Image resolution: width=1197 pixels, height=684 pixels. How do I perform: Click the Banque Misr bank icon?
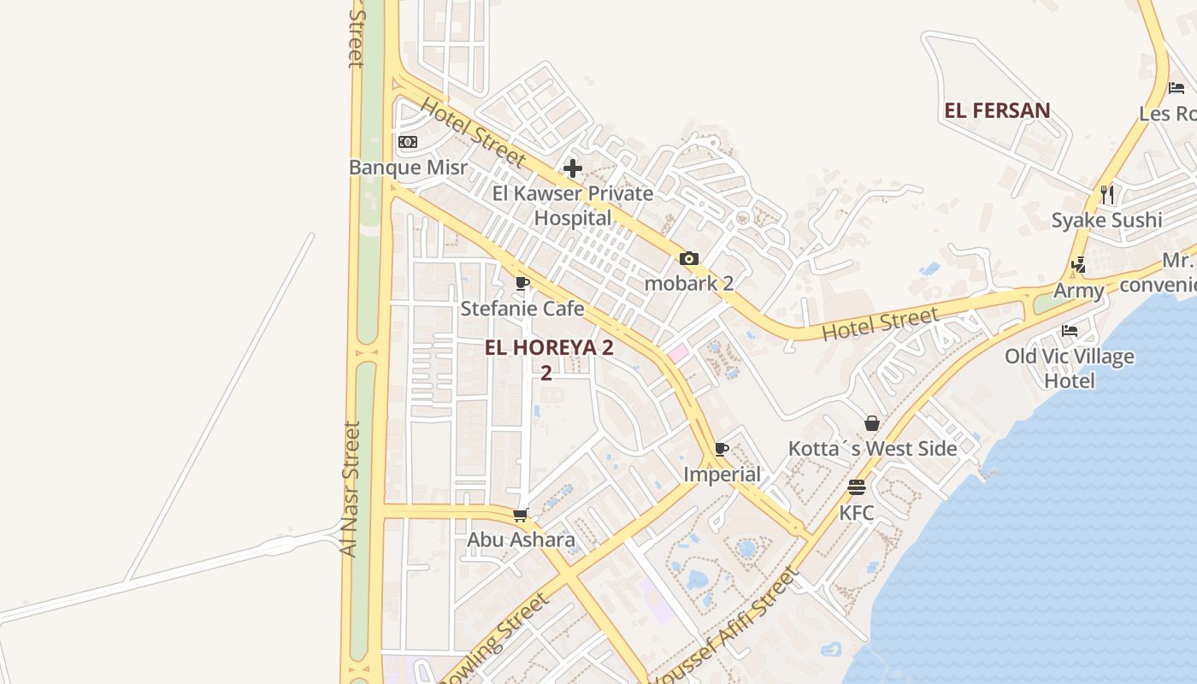coord(408,142)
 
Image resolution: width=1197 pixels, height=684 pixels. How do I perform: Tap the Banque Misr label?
coord(408,167)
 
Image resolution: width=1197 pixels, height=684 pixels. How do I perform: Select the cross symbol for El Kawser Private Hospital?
coord(573,168)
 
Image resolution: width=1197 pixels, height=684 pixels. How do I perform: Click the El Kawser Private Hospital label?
coord(573,205)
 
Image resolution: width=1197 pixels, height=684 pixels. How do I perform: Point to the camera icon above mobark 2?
coord(689,259)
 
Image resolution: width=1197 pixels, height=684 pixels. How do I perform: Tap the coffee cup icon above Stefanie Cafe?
coord(522,283)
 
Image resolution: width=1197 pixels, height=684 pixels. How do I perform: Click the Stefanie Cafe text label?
coord(522,309)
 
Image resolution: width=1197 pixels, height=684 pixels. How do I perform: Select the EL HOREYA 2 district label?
coord(549,348)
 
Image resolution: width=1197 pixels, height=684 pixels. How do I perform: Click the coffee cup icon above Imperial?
coord(722,449)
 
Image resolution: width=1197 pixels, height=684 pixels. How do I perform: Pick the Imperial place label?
coord(722,475)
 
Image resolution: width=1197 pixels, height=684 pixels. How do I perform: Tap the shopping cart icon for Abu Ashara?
coord(521,515)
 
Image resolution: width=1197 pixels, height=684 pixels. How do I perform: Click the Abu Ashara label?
coord(521,540)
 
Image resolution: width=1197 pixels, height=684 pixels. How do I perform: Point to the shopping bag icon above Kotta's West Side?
coord(872,423)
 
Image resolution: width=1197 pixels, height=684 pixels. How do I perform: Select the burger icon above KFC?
coord(857,487)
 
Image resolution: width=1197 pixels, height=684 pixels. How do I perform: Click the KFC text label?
coord(857,513)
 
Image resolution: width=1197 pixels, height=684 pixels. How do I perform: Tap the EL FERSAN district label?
coord(997,110)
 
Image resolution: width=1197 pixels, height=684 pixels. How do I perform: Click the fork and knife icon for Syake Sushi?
coord(1107,195)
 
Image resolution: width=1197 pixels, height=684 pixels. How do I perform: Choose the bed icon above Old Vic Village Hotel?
coord(1070,331)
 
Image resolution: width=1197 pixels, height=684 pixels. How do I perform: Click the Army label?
coord(1078,291)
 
